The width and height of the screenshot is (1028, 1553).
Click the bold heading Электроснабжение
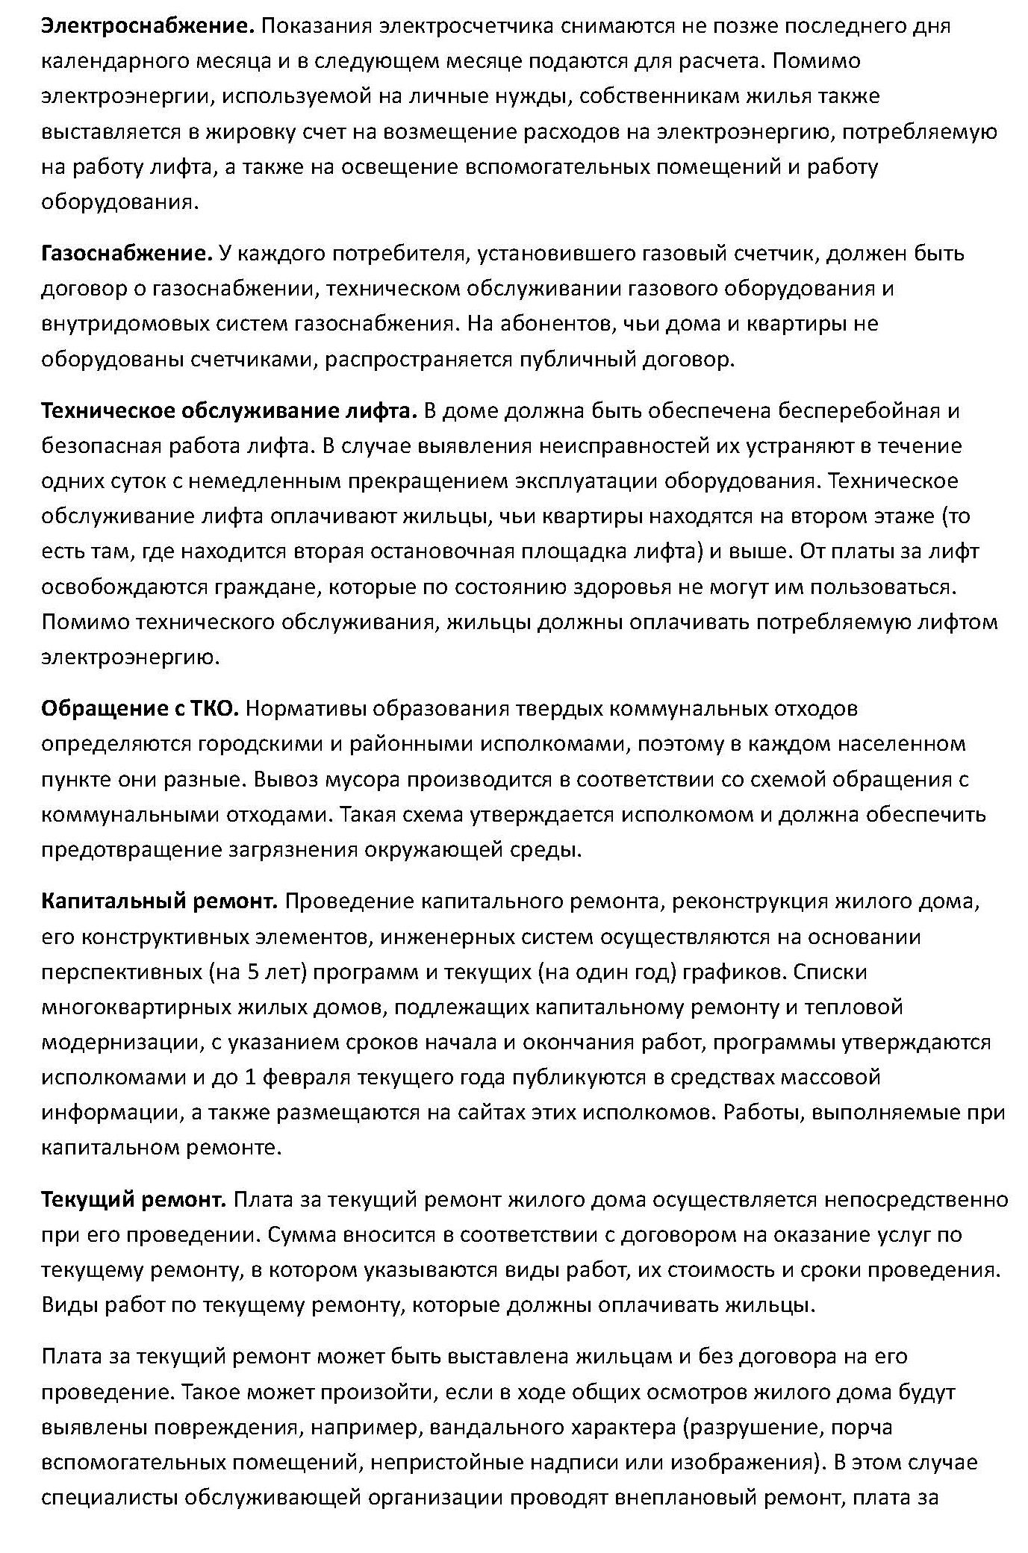click(148, 26)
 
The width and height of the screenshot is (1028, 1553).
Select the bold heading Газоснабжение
click(127, 254)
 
